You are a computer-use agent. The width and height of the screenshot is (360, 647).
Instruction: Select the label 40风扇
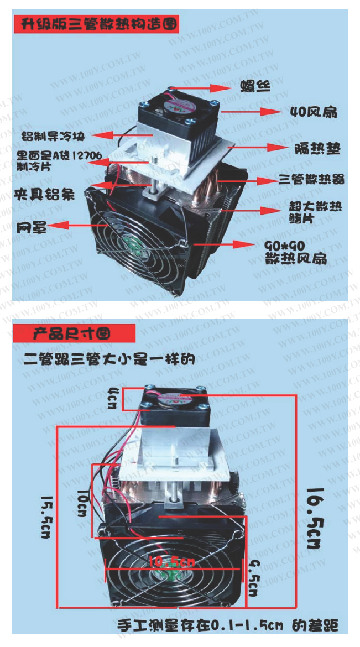[314, 112]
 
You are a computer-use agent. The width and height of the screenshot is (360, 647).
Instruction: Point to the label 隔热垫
[316, 148]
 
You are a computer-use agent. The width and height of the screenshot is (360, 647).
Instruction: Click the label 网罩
[30, 226]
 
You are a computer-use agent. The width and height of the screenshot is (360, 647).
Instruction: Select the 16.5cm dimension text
[316, 518]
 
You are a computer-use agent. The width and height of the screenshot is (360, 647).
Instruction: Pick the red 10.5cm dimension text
[172, 562]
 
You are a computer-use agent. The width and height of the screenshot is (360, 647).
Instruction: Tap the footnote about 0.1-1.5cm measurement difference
[227, 626]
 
